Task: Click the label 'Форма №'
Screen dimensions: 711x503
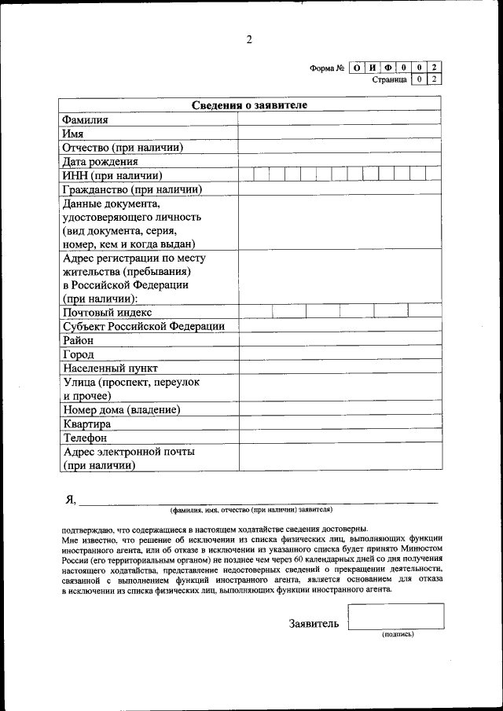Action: (327, 68)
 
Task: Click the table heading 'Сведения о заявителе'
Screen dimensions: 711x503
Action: (250, 104)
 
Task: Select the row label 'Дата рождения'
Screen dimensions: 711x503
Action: (100, 161)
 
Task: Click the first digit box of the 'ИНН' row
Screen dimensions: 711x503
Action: (246, 175)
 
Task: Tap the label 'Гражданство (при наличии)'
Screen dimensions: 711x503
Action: (132, 189)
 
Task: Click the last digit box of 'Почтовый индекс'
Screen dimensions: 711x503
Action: (424, 311)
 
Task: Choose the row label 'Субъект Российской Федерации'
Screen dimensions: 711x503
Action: (143, 326)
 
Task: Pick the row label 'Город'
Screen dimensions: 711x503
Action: (78, 354)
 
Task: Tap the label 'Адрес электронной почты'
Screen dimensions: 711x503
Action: (128, 452)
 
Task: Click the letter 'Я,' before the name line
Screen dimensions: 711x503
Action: (70, 498)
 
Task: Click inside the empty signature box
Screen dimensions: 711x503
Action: (395, 616)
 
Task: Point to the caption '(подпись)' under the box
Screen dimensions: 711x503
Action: (397, 634)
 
